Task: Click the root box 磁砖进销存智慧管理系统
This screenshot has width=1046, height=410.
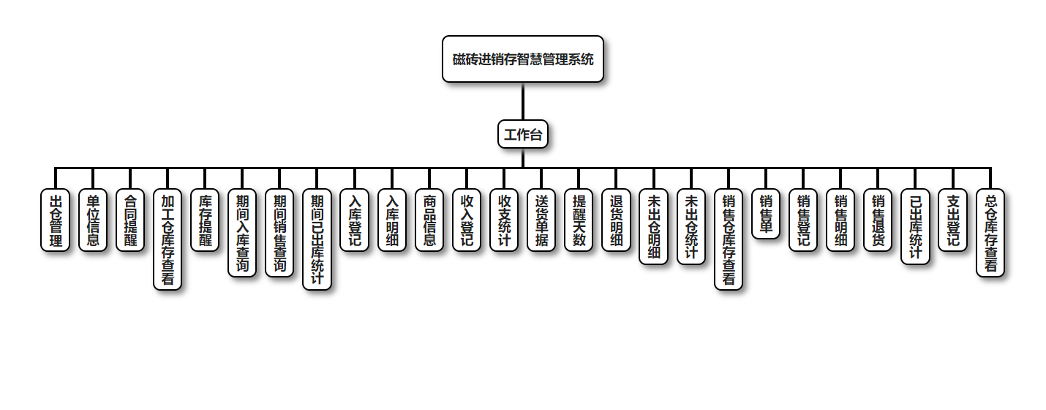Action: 523,59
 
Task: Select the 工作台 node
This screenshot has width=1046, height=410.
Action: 523,135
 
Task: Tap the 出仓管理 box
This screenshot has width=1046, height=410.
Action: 56,220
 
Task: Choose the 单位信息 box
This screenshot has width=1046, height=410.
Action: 93,220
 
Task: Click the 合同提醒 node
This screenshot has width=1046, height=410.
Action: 130,220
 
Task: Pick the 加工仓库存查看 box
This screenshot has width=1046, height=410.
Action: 168,239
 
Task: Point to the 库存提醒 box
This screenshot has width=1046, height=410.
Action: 205,220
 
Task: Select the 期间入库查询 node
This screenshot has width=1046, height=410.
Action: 242,233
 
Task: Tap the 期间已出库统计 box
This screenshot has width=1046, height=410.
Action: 317,239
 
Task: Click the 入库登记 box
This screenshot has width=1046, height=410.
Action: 355,220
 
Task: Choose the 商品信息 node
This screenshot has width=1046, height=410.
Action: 429,220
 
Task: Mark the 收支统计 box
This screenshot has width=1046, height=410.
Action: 504,220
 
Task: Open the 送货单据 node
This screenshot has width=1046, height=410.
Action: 541,220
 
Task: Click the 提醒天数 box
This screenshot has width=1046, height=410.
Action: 579,220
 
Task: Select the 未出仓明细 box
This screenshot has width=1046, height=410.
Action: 654,227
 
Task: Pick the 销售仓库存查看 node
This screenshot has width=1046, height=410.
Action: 729,239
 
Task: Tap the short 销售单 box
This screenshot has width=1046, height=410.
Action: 766,214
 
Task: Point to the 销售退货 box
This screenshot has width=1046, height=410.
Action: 878,220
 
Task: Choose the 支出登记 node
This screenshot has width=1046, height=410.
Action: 952,220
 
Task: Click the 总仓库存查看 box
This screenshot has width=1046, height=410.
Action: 990,233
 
